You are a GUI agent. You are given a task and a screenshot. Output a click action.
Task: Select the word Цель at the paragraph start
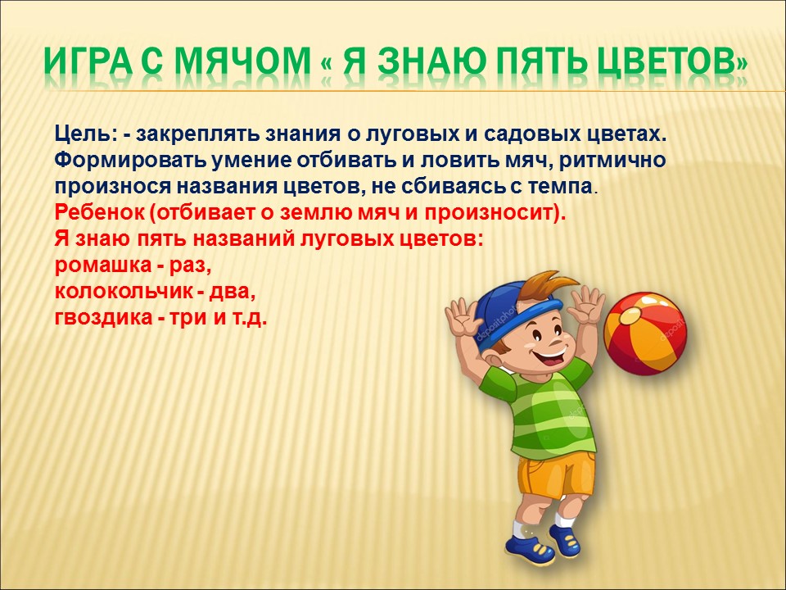tap(82, 135)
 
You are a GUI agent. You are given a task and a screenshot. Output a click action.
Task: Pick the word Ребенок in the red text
tap(99, 212)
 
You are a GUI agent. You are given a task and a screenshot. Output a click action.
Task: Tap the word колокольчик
tap(123, 292)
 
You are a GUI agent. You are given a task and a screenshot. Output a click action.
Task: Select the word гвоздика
tap(103, 318)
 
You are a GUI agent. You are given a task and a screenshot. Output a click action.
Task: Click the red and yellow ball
tap(644, 334)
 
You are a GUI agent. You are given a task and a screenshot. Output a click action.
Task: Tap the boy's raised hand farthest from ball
tap(463, 317)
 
